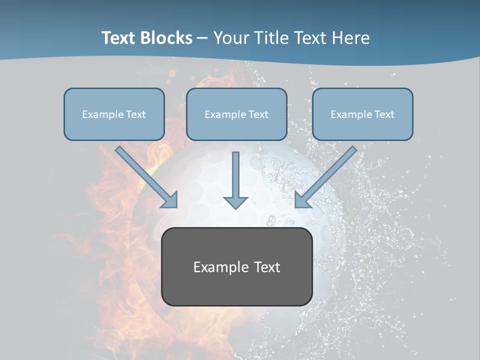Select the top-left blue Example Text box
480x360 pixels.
pyautogui.click(x=114, y=114)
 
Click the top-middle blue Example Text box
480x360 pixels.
pyautogui.click(x=236, y=114)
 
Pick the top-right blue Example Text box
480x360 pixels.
pyautogui.click(x=362, y=114)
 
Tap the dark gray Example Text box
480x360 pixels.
pyautogui.click(x=236, y=266)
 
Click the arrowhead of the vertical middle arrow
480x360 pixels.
pyautogui.click(x=235, y=202)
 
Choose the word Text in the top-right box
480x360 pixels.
pyautogui.click(x=384, y=114)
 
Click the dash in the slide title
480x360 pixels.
pyautogui.click(x=202, y=38)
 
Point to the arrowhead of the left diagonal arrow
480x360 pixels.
pyautogui.click(x=171, y=200)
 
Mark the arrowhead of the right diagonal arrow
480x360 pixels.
pyautogui.click(x=301, y=200)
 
